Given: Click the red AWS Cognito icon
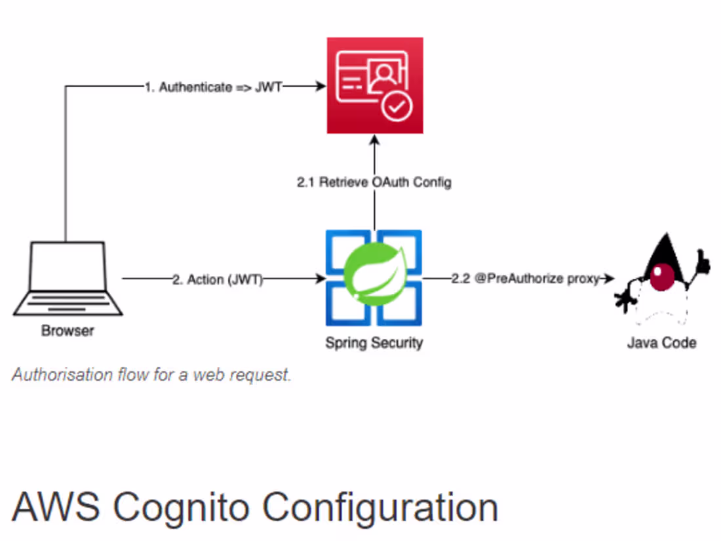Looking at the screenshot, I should pos(375,85).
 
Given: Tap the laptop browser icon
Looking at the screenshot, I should pos(67,279).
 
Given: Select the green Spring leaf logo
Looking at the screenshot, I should pos(374,277).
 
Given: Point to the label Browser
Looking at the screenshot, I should pos(68,331).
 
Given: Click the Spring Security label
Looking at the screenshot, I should pos(374,342).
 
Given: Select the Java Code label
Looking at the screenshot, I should pos(661,342).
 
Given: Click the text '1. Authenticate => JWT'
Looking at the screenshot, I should pos(213,87).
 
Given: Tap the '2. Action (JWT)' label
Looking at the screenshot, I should pos(217,280).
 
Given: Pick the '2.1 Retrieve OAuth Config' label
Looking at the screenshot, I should pos(374,183).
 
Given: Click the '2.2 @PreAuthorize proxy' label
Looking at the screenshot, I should pos(525,279).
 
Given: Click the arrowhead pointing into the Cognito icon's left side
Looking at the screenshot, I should pos(321,86).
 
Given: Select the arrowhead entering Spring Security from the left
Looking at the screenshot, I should pos(321,279).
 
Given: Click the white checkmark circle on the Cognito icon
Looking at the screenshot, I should pos(397,107).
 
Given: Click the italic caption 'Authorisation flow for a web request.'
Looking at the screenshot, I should pos(151,376).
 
